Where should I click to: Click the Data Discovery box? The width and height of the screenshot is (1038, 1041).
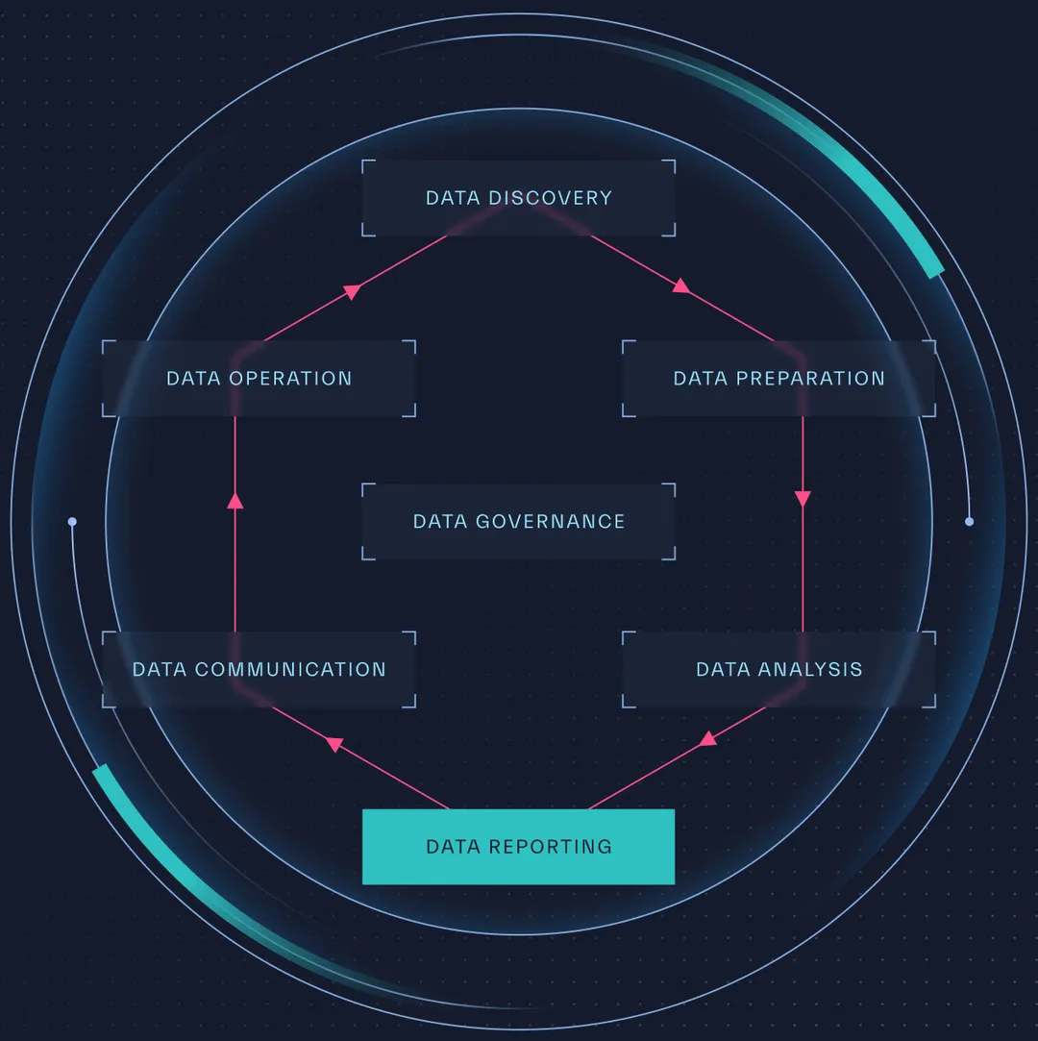pos(518,198)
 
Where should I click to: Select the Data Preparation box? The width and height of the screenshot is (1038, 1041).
pos(778,379)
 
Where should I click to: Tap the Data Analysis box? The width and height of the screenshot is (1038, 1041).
pos(778,669)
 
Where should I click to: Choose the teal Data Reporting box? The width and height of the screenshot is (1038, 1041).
pos(518,847)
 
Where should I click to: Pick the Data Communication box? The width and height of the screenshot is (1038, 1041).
pos(259,669)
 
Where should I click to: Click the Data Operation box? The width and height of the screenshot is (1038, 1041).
pos(259,379)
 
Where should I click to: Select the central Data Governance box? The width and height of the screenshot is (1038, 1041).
pos(518,522)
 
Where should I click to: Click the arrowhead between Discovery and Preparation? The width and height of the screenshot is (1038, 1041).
pos(681,285)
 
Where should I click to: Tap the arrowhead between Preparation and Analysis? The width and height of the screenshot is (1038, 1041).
pos(803,499)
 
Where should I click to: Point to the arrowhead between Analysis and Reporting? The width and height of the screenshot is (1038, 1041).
pos(708,738)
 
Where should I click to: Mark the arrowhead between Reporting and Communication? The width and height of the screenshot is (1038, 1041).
pos(334,743)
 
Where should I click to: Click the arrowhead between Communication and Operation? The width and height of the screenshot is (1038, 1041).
pos(235,500)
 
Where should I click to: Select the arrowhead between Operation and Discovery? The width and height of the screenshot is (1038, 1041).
pos(353,290)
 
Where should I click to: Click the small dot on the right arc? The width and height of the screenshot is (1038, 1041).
pos(969,522)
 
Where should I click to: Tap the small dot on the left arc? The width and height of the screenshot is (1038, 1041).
pos(72,522)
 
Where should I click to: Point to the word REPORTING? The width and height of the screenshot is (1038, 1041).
pos(551,847)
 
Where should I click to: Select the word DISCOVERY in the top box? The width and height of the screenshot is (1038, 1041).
pos(550,198)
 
